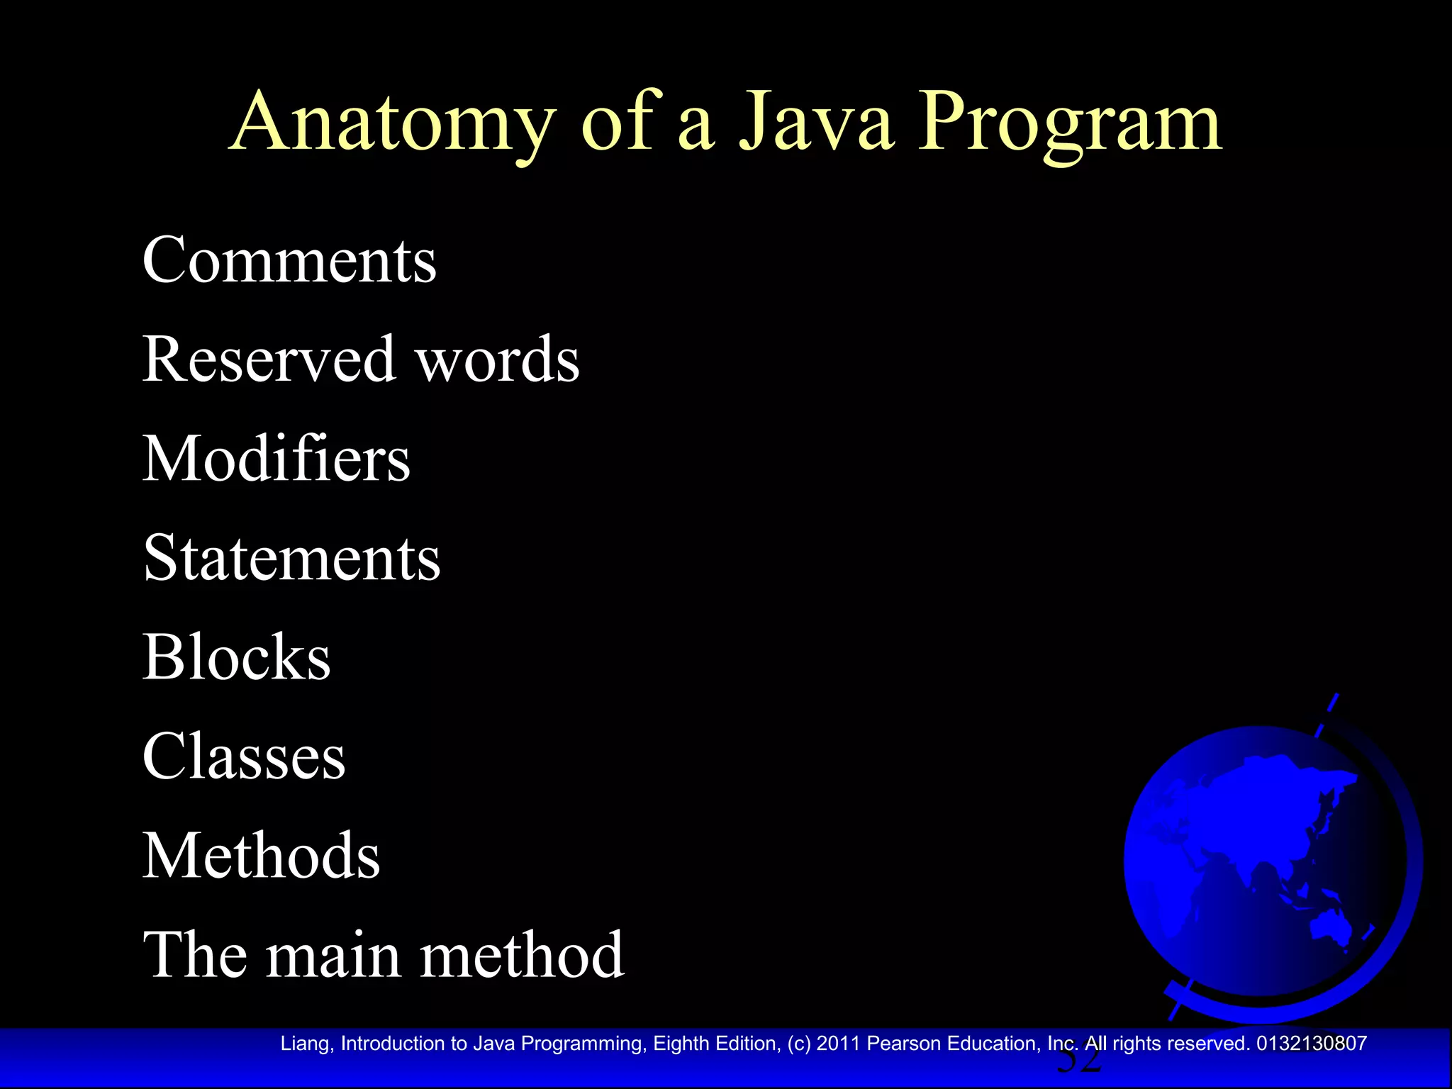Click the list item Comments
pyautogui.click(x=289, y=260)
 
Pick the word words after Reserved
pyautogui.click(x=497, y=359)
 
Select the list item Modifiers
pyautogui.click(x=277, y=459)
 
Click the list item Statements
pyautogui.click(x=291, y=558)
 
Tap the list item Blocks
pyautogui.click(x=237, y=657)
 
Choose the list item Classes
pyautogui.click(x=244, y=756)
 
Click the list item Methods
pyautogui.click(x=261, y=856)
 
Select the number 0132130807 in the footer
pyautogui.click(x=1311, y=1044)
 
